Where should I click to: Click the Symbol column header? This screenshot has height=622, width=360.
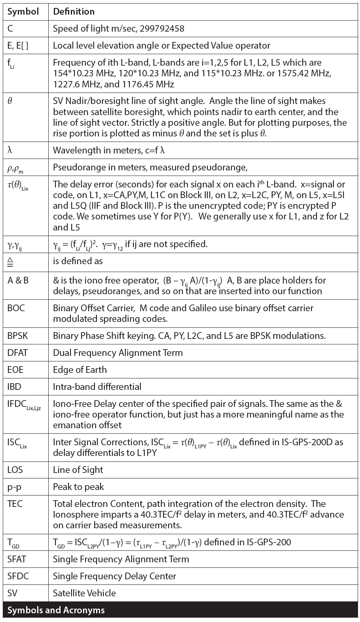(x=23, y=11)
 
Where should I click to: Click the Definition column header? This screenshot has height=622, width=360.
(x=74, y=11)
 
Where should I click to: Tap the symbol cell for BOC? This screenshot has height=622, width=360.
(x=16, y=308)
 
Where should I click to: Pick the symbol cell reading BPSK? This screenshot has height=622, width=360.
(x=18, y=336)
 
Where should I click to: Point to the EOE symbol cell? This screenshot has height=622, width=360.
(x=15, y=370)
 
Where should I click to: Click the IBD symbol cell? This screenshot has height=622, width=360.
(x=14, y=387)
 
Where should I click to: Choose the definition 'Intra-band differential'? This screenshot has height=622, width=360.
(x=97, y=387)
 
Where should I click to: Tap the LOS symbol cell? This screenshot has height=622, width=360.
(x=15, y=470)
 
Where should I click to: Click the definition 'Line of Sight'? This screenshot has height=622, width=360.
(x=78, y=470)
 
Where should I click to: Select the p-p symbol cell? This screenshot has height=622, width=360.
(x=14, y=487)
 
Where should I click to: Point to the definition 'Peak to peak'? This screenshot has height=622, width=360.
(x=78, y=487)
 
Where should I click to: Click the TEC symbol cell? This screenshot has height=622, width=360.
(x=15, y=504)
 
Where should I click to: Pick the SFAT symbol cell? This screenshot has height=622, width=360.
(x=17, y=559)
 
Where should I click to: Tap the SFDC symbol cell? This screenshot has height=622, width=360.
(x=18, y=576)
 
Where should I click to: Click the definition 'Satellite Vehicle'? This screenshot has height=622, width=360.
(x=84, y=593)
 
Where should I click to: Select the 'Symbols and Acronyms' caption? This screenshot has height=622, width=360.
(x=56, y=610)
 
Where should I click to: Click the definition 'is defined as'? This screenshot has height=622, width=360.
(x=78, y=261)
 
